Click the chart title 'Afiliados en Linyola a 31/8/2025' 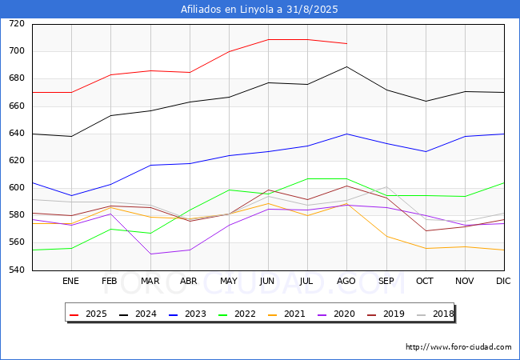259,10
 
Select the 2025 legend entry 88,314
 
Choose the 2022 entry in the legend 237,314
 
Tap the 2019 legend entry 386,314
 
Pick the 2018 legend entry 435,314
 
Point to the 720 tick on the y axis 17,23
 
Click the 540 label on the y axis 17,270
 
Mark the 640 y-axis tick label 17,134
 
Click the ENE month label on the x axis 70,281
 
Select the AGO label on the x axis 346,281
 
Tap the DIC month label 503,281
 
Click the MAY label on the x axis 229,281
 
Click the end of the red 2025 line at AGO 347,43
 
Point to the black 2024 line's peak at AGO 347,66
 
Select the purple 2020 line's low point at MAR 150,254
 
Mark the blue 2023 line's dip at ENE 72,195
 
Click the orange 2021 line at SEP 386,236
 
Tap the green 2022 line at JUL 308,178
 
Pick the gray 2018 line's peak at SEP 386,187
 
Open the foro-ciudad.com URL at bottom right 458,347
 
